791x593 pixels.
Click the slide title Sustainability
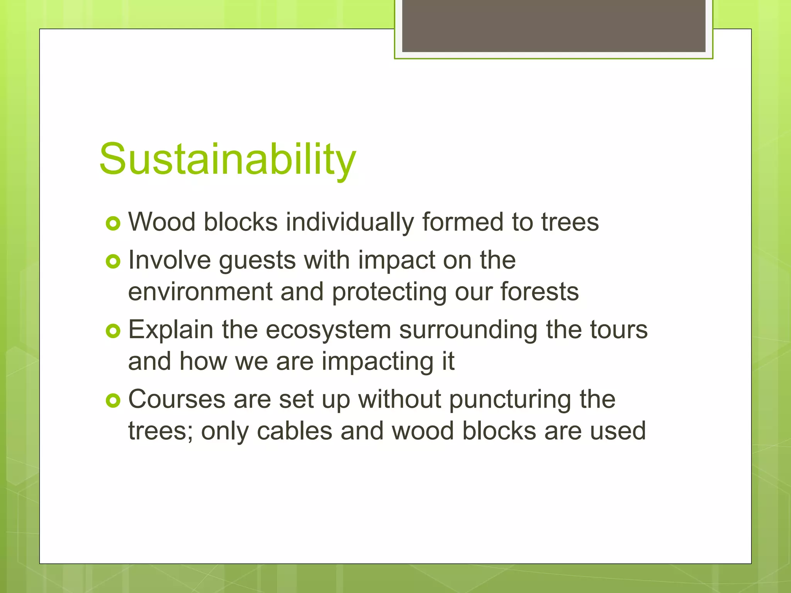(x=227, y=159)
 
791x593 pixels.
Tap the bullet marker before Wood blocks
(x=113, y=224)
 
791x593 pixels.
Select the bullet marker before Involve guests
(x=113, y=262)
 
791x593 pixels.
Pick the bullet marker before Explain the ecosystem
(x=113, y=331)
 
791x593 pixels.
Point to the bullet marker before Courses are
(x=113, y=401)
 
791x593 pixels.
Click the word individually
(x=350, y=222)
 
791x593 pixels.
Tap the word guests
(x=258, y=261)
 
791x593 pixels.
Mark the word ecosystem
(x=328, y=330)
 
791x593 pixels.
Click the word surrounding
(x=468, y=330)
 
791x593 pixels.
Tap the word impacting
(x=377, y=362)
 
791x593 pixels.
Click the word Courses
(x=177, y=399)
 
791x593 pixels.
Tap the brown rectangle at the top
(x=553, y=25)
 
